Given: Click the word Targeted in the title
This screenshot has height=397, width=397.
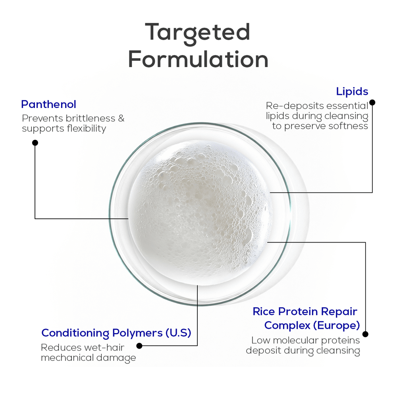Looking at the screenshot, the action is click(198, 33).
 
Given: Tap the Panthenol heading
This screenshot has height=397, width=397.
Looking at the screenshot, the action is click(48, 104).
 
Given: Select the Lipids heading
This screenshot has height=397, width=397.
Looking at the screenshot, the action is click(352, 91).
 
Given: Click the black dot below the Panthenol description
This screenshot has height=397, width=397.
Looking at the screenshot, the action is click(35, 143).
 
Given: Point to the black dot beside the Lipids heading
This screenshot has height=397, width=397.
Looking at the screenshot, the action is click(372, 102).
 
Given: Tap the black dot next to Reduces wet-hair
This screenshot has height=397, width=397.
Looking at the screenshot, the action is click(139, 346).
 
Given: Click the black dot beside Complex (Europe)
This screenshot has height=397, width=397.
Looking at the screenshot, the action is click(365, 334).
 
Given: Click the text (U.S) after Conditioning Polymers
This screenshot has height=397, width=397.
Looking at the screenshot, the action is click(178, 333).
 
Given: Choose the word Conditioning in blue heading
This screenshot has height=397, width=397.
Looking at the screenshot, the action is click(75, 333).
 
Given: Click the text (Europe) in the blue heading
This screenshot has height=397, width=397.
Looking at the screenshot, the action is click(337, 326).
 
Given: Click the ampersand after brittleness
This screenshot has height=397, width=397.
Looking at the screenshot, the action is click(121, 118).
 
